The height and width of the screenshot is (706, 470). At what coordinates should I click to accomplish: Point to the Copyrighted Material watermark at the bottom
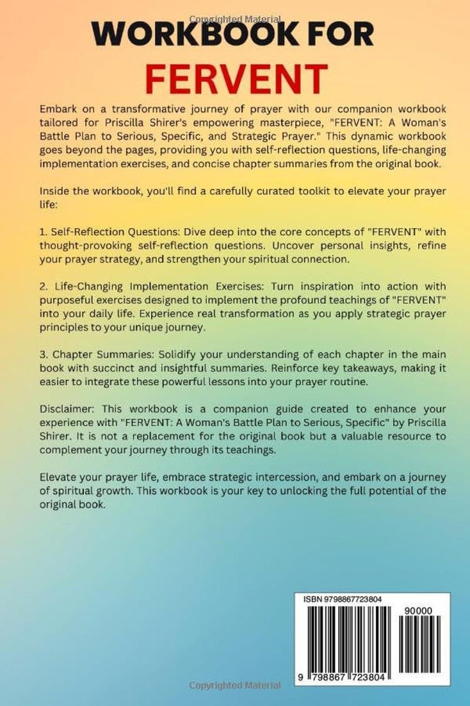[235, 685]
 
